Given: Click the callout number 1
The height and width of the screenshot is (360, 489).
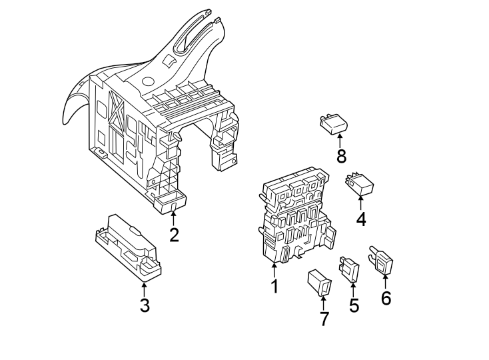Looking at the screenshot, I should pos(273,287).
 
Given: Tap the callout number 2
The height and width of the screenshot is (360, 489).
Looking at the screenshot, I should pos(174,235).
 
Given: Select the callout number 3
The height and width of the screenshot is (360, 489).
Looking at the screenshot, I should pos(145,305).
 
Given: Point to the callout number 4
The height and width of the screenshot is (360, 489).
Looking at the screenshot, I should pos(361,219).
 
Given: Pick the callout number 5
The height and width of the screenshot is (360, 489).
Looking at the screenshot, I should pos(354,305).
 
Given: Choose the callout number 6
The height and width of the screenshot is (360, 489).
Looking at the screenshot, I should pos(386,297).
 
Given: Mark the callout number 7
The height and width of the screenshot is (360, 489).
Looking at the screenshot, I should pos(324,319).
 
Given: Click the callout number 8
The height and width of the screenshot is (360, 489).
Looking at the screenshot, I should pos(341,157).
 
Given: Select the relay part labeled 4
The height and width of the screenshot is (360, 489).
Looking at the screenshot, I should pos(360,183).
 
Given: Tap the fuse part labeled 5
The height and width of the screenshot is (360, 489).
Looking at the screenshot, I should pos(350,269).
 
